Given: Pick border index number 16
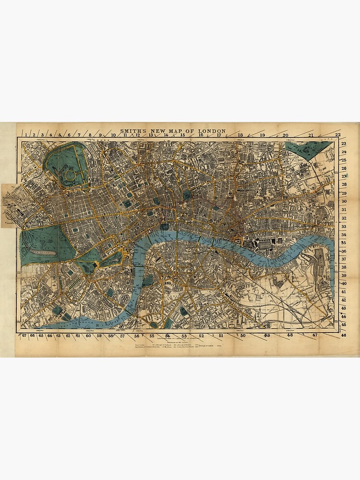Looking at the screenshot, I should pos(201,135).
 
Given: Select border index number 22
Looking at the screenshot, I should pos(338,135).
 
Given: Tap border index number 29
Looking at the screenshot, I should pos(344,193).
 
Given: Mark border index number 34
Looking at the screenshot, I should pos(344,234).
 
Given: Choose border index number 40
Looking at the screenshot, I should pos(344,284).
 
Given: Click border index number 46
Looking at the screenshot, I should pos(344,335).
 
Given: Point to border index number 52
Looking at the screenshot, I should pos(201,336).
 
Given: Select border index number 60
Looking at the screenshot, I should pos(88,336).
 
